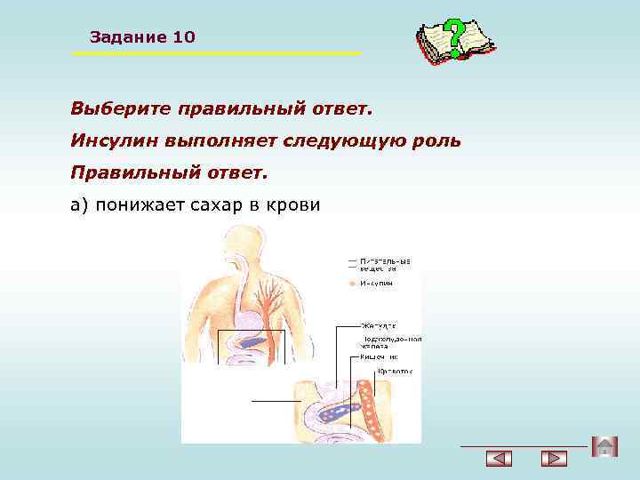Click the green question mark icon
click(454, 38)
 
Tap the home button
click(604, 447)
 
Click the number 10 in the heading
click(184, 37)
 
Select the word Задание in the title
click(128, 37)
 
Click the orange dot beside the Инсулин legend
click(353, 284)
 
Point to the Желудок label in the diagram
click(379, 324)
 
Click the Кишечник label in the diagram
click(380, 356)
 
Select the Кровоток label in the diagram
click(396, 371)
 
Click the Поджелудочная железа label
click(391, 343)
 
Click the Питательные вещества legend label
click(385, 264)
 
